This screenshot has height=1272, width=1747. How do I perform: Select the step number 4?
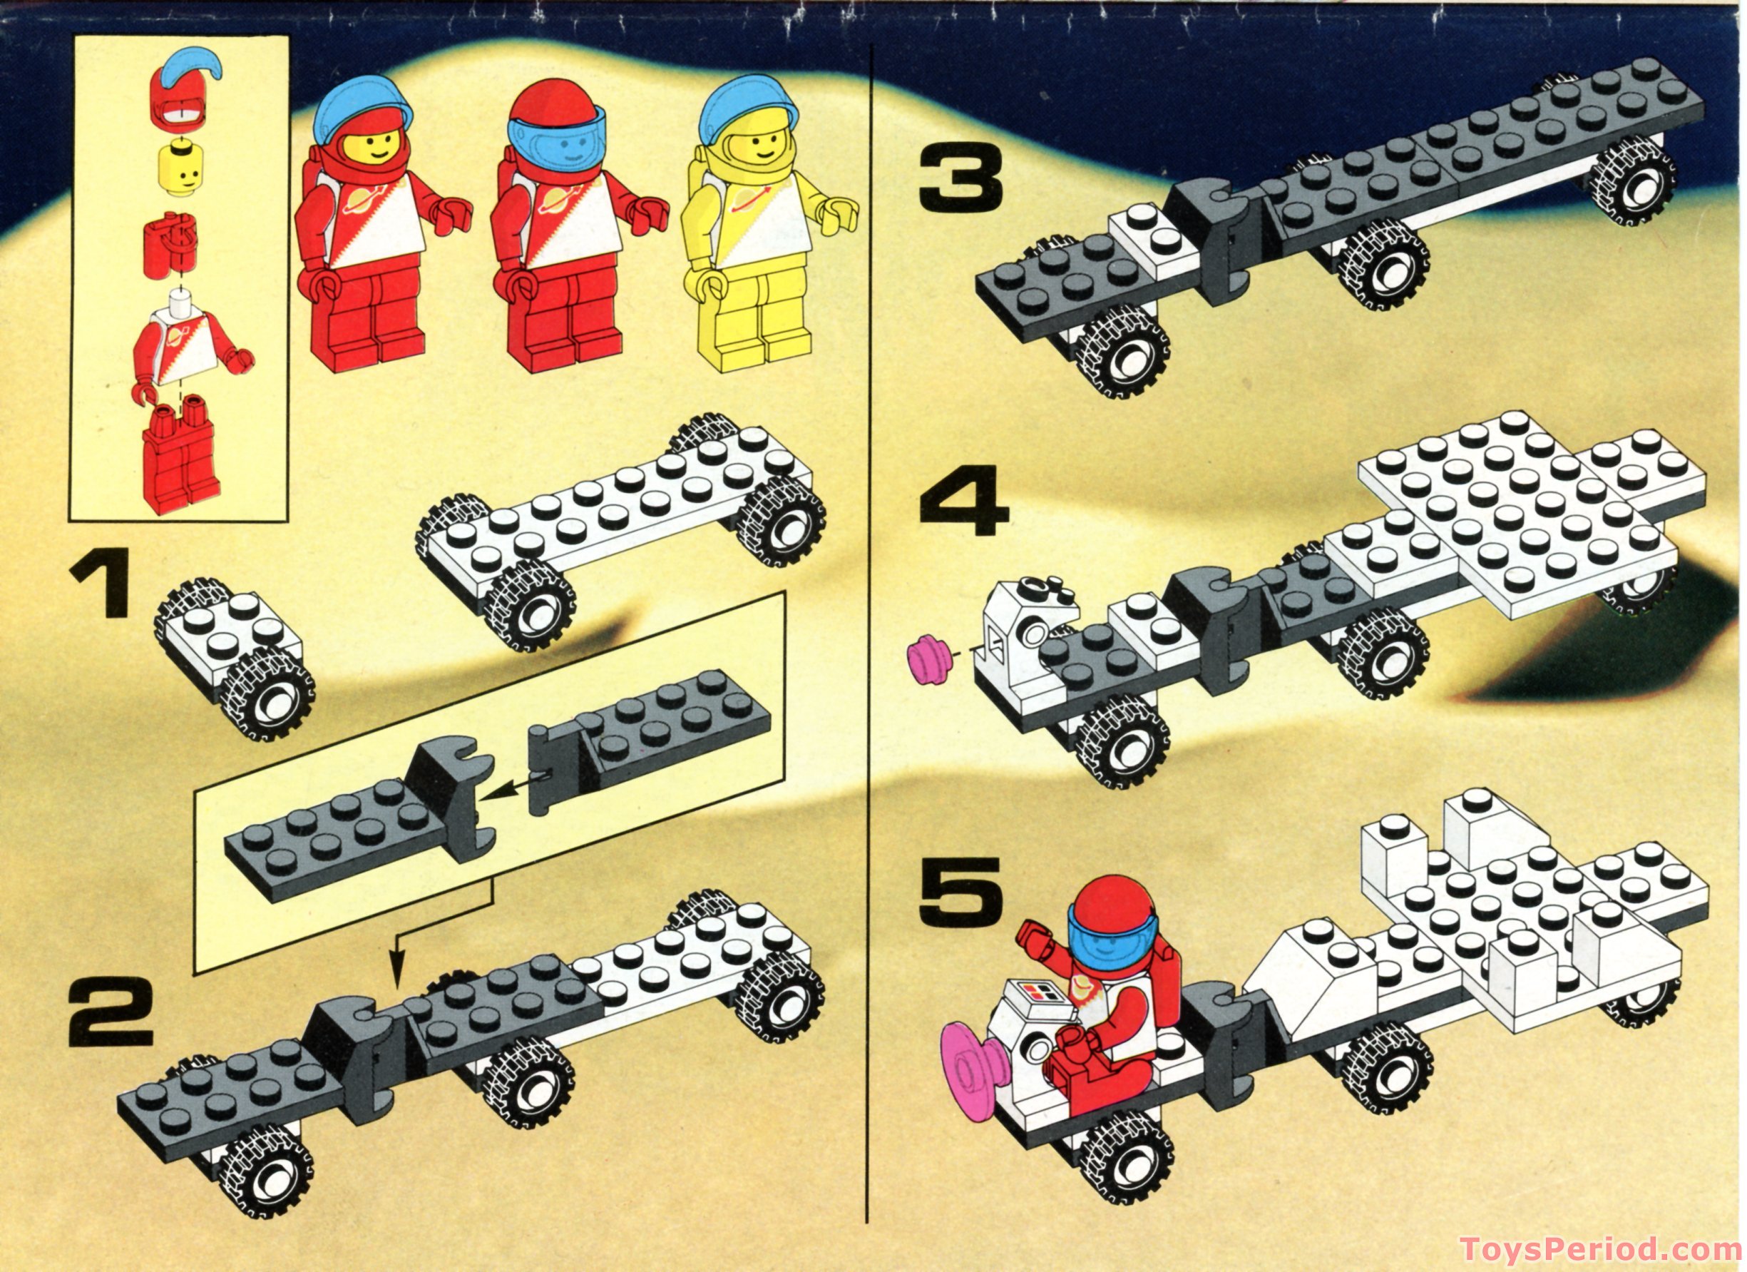pos(963,502)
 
